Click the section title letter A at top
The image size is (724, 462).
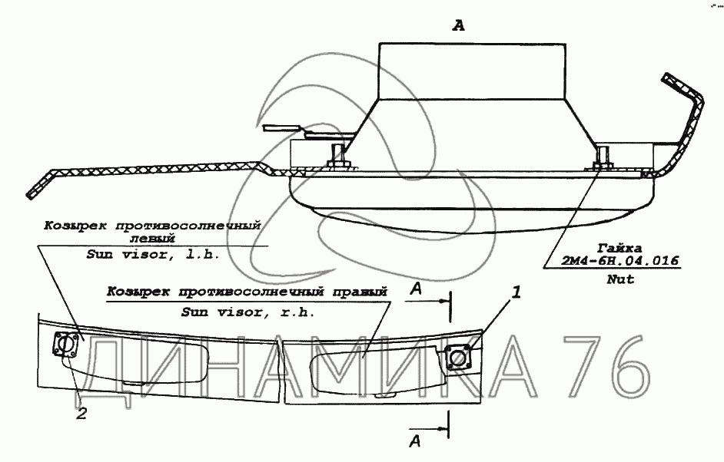click(459, 26)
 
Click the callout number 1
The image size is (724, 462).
click(517, 292)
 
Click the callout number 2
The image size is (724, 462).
click(81, 414)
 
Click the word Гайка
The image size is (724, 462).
click(620, 246)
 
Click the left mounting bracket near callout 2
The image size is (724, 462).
click(67, 347)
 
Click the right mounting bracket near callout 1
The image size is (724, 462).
click(460, 357)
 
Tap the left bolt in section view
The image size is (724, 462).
click(337, 158)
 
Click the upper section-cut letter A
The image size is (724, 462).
click(415, 289)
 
